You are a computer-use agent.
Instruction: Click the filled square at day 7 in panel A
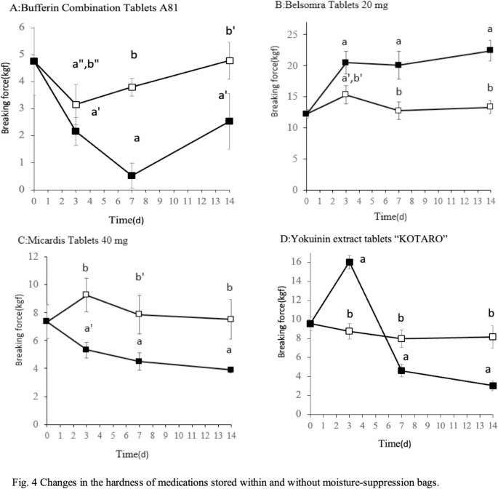132,175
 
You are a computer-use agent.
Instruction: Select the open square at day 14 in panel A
230,60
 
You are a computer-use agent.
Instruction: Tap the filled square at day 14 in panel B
489,50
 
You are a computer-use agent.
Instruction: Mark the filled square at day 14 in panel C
230,370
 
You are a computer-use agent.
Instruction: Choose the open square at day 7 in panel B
398,111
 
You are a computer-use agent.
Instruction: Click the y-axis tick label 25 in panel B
290,34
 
